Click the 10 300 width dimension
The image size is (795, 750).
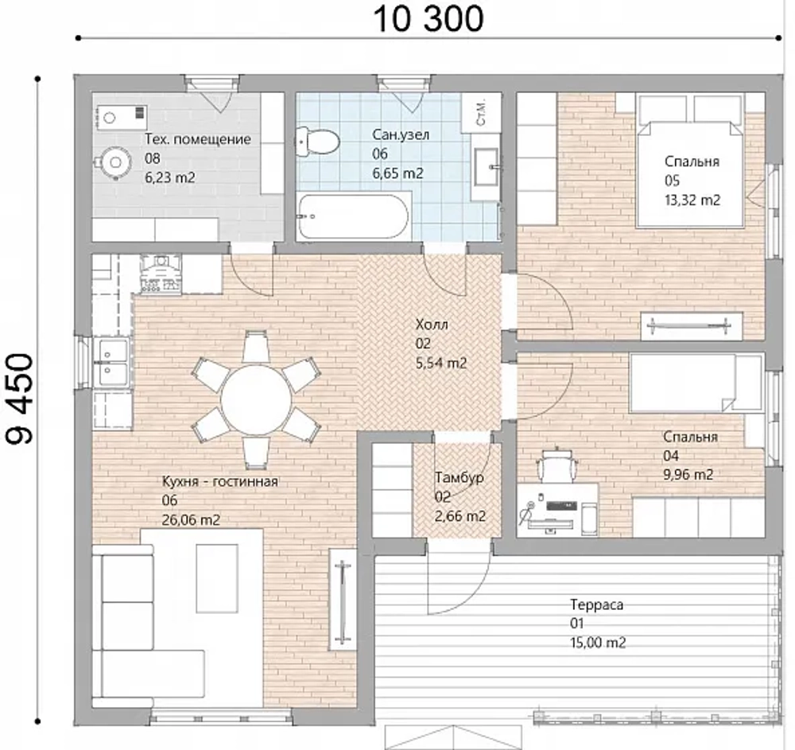point(429,19)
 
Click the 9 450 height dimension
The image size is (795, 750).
point(21,398)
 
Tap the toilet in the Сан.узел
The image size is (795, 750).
point(318,142)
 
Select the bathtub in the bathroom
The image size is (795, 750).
point(354,216)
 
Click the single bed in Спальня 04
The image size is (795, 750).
point(696,383)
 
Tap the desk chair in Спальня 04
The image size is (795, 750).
point(556,465)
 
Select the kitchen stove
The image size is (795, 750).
point(161,274)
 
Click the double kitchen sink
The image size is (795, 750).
point(113,362)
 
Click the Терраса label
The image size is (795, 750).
point(597,604)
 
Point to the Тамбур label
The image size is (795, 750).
point(460,478)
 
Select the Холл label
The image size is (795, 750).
point(432,324)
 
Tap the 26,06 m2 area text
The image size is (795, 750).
point(191,520)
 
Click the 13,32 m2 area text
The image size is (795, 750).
point(692,200)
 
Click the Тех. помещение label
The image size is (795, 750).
point(198,139)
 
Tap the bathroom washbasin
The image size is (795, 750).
point(487,166)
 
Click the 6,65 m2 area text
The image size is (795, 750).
point(398,173)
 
